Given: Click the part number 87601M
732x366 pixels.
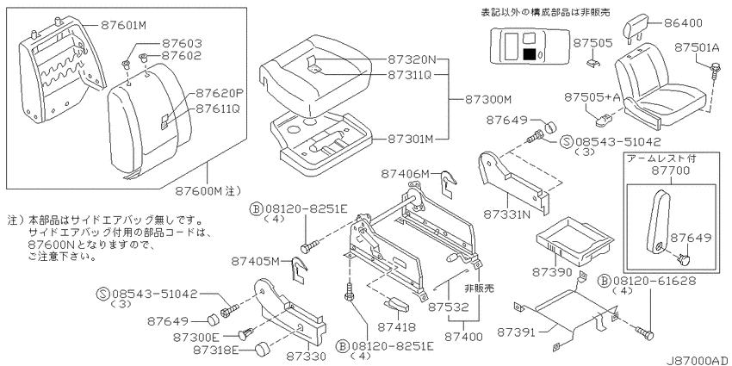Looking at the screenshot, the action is pos(124,25).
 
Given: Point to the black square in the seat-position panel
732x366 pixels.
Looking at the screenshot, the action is pos(530,53).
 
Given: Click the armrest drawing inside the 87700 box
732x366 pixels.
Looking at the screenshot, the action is pos(657,221).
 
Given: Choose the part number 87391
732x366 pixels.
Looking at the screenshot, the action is pos(515,332).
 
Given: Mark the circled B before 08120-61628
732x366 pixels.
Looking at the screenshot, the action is pos(604,281).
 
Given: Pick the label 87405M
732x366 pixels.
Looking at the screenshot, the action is pos(255,262).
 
